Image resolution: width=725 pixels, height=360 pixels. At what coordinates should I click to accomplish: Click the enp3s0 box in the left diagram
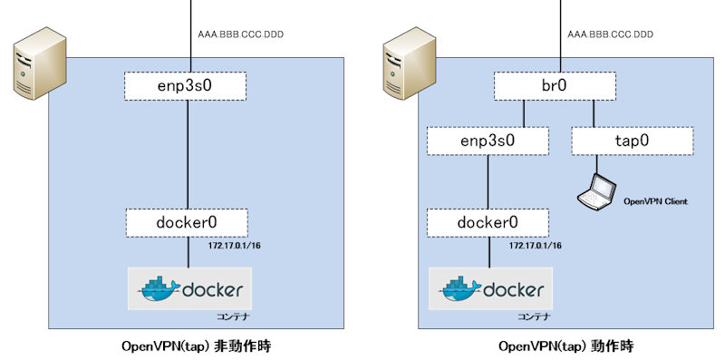coord(187,86)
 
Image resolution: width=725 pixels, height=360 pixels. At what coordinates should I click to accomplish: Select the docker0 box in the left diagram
coord(187,222)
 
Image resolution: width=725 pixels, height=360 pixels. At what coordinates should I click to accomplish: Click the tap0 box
coord(632,141)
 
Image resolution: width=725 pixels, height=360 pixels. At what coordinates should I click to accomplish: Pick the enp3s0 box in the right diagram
coord(488,141)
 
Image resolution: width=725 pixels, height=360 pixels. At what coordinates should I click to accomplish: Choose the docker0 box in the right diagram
coord(488,222)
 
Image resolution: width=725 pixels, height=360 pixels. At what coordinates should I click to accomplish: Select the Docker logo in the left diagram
coord(190,289)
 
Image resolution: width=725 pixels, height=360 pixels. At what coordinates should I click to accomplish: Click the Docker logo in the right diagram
coord(492,289)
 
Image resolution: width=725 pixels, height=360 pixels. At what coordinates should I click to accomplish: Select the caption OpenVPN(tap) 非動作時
coord(196,346)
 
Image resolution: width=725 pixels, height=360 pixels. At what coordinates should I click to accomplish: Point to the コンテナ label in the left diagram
coord(232,317)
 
